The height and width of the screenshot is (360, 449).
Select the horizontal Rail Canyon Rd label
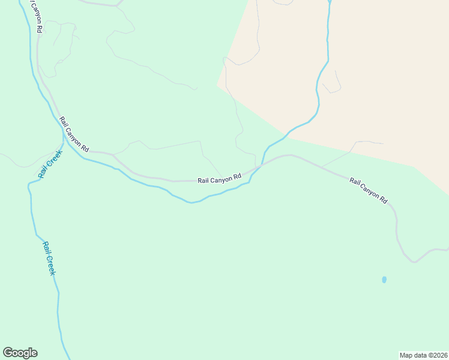click(219, 178)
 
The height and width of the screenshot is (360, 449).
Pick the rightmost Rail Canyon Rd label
click(369, 190)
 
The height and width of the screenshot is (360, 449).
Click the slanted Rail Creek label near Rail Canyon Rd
click(50, 164)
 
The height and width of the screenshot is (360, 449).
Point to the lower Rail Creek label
click(49, 258)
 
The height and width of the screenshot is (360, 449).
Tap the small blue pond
click(384, 280)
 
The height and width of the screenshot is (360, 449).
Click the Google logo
click(20, 353)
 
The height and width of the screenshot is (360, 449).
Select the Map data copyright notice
click(424, 355)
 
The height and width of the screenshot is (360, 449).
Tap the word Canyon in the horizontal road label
click(220, 178)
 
